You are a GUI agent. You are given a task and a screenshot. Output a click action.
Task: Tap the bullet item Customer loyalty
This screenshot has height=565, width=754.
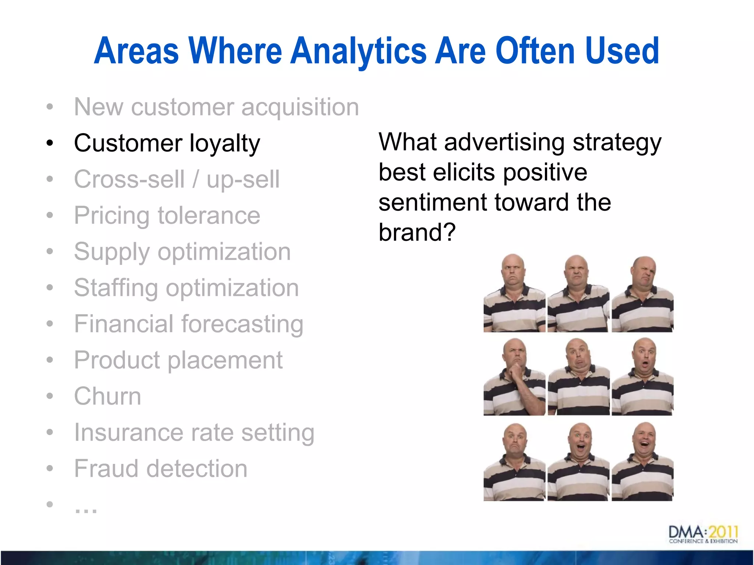pos(167,143)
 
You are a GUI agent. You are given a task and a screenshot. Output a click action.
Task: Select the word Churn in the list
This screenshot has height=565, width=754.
pos(108,396)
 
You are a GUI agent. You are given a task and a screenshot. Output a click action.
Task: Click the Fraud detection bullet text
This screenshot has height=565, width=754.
pos(161,469)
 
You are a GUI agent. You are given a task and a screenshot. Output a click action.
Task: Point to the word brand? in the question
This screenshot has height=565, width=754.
pos(417,232)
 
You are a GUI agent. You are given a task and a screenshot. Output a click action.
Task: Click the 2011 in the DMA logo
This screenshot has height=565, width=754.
pos(723,532)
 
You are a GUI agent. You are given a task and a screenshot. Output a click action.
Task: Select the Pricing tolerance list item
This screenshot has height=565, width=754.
pos(167,215)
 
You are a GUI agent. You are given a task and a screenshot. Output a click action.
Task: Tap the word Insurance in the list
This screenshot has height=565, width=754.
pos(128,432)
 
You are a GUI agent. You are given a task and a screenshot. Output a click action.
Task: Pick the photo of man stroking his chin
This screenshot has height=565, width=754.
pos(514,377)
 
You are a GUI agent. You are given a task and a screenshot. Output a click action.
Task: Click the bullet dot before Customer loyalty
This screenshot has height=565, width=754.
pos(50,143)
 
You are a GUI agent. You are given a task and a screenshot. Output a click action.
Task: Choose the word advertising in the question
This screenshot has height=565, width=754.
pos(504,142)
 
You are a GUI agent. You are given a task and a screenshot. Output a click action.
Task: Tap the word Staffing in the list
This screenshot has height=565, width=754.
pos(116,288)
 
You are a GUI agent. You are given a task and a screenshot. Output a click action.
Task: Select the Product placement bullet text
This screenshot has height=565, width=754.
pos(178,360)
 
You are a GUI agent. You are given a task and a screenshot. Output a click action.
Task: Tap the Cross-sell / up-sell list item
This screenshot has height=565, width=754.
pos(177,179)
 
